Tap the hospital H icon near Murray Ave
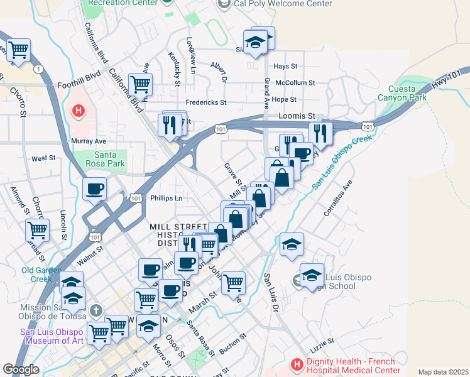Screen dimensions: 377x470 (x=79, y=112)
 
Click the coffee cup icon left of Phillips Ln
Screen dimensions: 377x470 (x=95, y=188)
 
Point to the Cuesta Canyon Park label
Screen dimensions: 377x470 (x=402, y=92)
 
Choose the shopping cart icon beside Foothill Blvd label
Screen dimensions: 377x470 (x=140, y=83)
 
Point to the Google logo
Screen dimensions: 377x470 (x=21, y=369)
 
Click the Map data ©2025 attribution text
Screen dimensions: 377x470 (x=444, y=372)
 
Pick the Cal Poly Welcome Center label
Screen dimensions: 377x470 (x=280, y=4)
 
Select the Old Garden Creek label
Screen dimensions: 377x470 (x=41, y=275)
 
